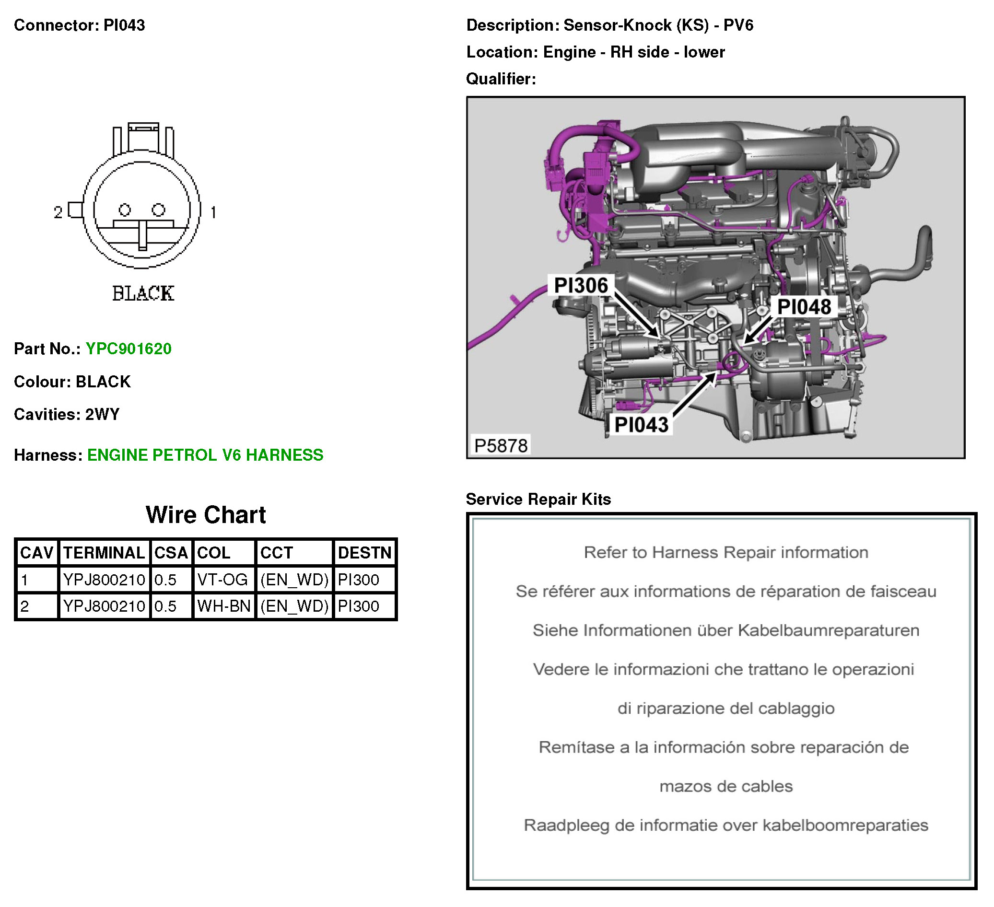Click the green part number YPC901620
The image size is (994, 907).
(128, 349)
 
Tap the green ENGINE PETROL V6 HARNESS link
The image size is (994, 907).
(205, 455)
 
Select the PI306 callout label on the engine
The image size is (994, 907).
(581, 285)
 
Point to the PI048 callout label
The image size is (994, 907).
(804, 307)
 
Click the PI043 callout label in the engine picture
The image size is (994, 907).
(641, 425)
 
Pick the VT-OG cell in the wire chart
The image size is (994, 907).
(222, 580)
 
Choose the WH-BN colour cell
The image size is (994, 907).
(224, 606)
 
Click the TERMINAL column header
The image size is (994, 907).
(104, 553)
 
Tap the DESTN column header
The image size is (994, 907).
(364, 553)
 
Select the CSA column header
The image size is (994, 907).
(171, 553)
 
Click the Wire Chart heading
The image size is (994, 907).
(206, 515)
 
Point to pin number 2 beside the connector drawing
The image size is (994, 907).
(58, 212)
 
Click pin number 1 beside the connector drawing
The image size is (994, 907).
(213, 212)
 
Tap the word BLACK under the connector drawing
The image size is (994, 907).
(143, 294)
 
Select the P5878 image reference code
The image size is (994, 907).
(501, 446)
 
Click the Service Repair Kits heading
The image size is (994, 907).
(538, 500)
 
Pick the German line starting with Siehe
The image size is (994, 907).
(726, 630)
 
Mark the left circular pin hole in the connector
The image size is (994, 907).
(125, 210)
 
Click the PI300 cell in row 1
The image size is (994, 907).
(359, 580)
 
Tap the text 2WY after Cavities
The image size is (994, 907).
(103, 415)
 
